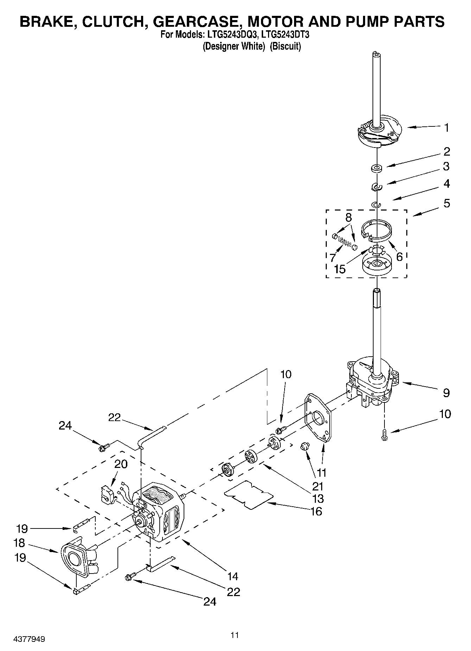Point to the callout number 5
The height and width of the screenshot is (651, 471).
[x=446, y=203]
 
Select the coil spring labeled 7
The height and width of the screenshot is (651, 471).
[x=344, y=243]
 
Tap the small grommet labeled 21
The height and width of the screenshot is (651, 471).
[x=304, y=447]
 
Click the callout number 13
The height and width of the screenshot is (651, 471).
[x=318, y=499]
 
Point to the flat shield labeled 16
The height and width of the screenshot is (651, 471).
[x=249, y=494]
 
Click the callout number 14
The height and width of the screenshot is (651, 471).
[x=233, y=576]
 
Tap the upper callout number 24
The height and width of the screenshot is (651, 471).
[x=65, y=426]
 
